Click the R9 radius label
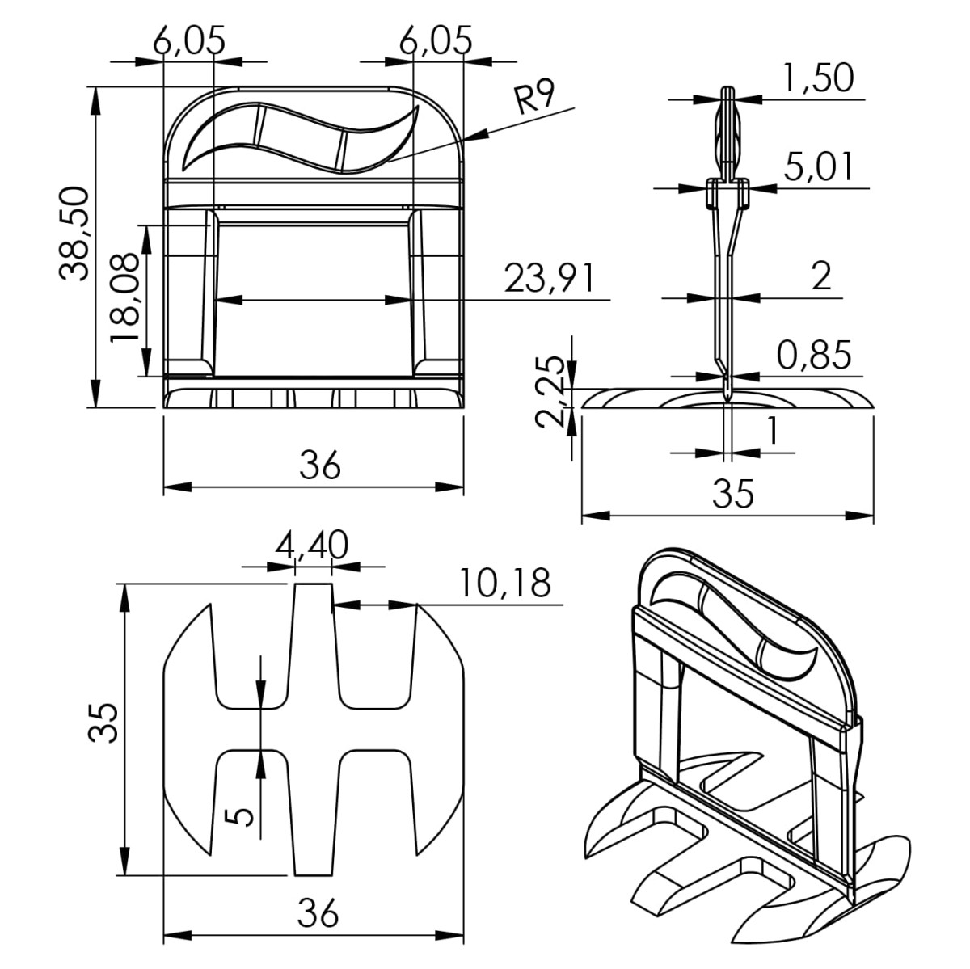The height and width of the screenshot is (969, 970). coord(534,99)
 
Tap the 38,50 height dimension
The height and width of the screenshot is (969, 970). coord(74,233)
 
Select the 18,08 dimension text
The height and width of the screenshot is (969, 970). coord(124,297)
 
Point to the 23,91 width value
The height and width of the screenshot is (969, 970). coord(549,278)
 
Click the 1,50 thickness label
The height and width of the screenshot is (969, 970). coord(817,78)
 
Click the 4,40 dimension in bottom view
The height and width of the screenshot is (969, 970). coord(311,546)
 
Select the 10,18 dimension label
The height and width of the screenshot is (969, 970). coord(506,583)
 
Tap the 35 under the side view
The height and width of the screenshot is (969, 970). coord(733,493)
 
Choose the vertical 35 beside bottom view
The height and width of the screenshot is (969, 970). coord(103,723)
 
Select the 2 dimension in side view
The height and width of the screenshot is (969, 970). coord(821,276)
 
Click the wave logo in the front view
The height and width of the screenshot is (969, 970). coord(301,138)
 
